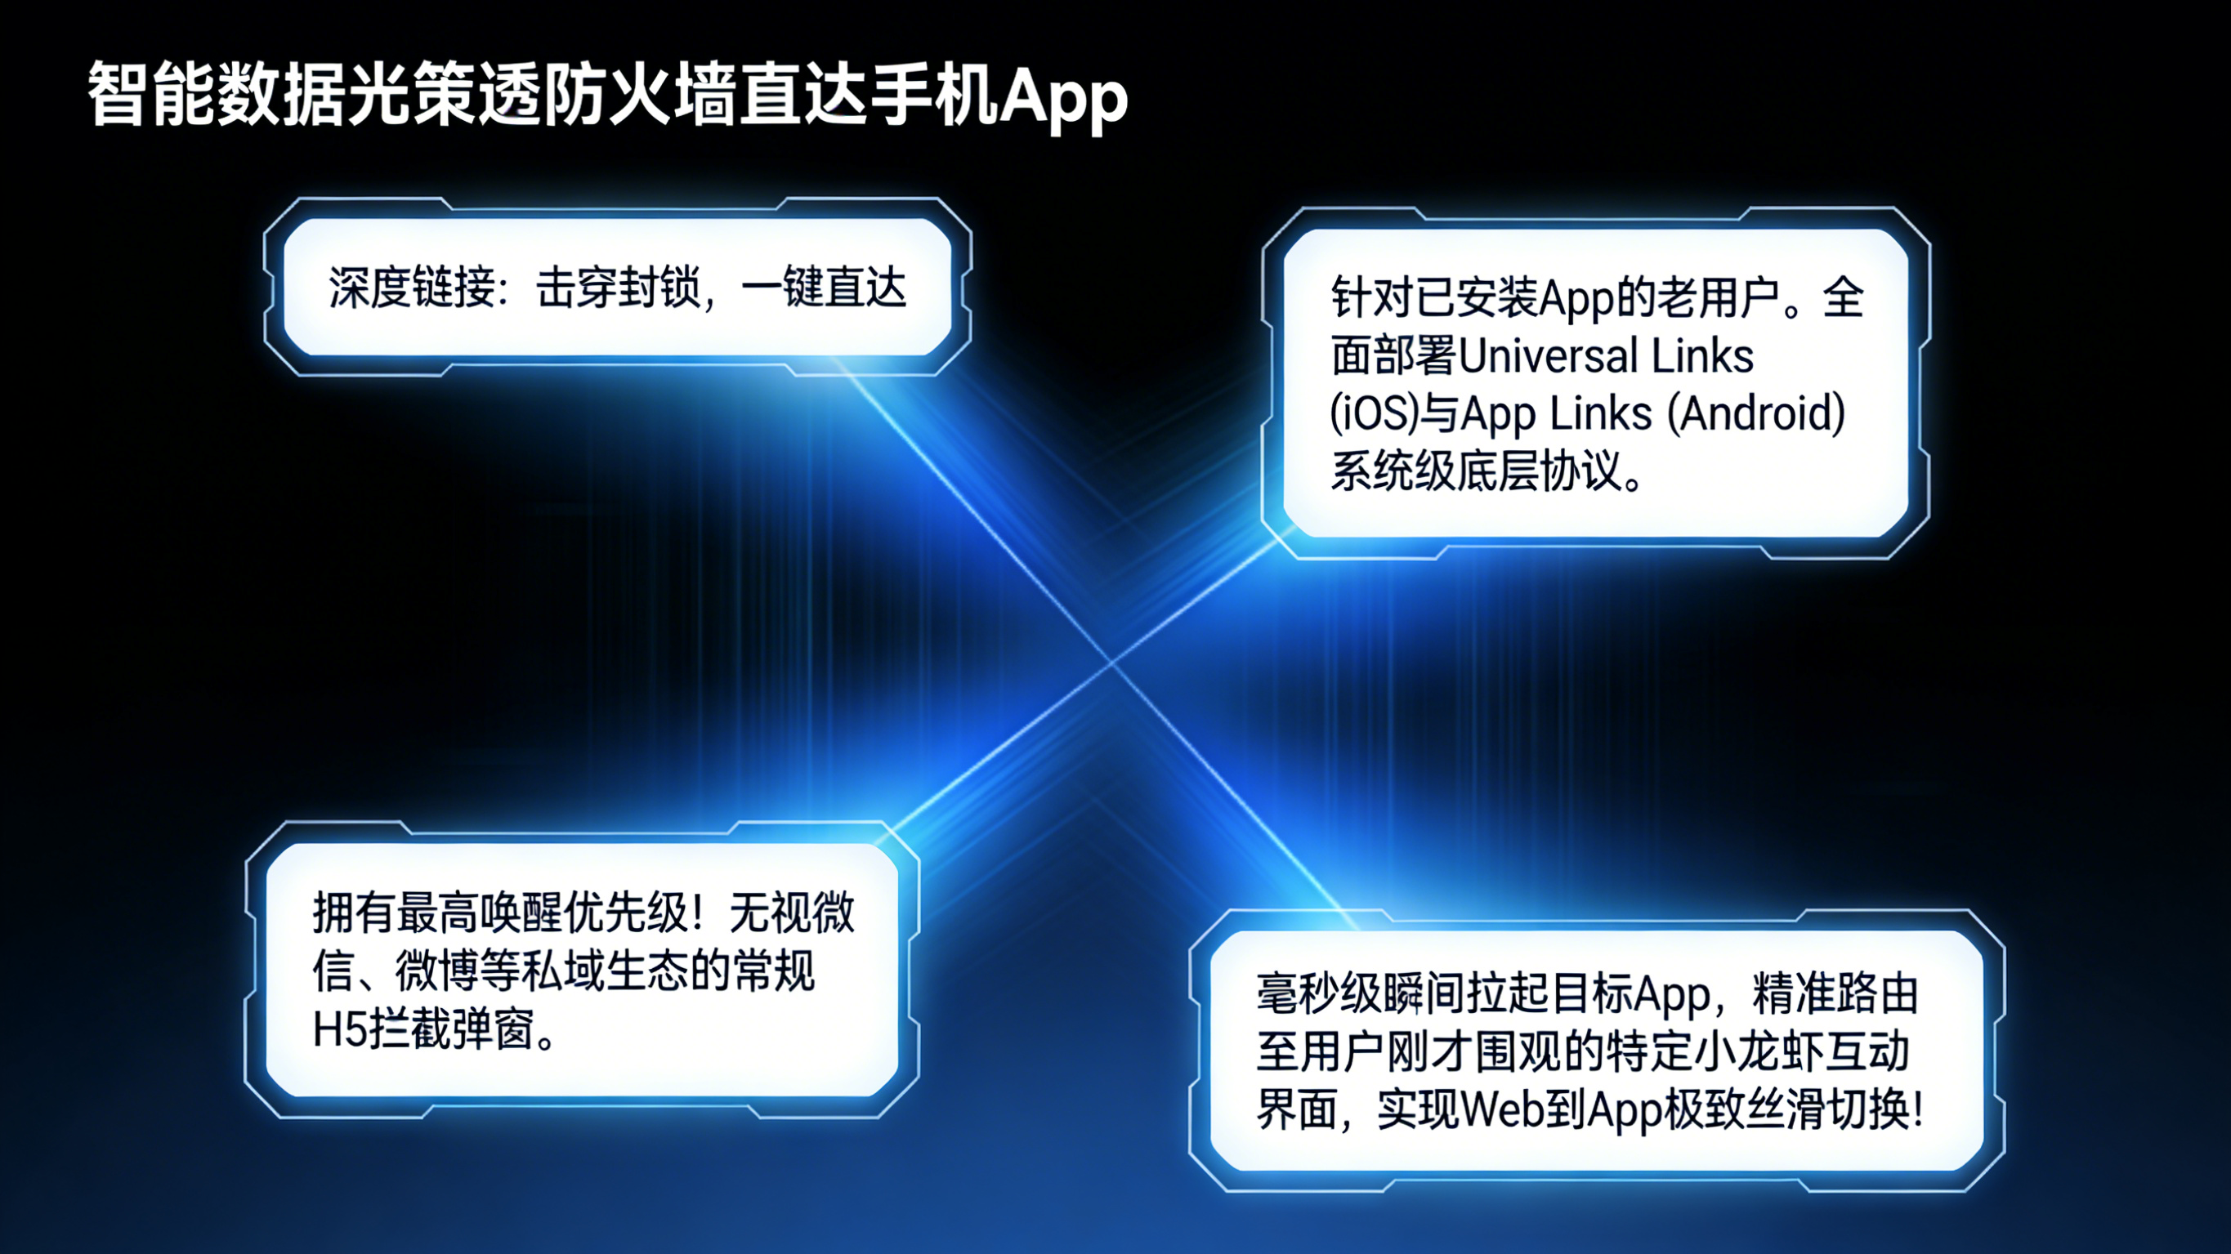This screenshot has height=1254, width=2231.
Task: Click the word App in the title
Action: [1063, 97]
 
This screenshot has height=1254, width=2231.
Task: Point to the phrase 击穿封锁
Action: [619, 288]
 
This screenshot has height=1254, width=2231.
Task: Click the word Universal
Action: [1549, 356]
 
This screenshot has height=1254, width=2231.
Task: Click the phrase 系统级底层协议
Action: [1477, 472]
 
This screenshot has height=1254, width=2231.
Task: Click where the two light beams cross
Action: [1113, 663]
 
